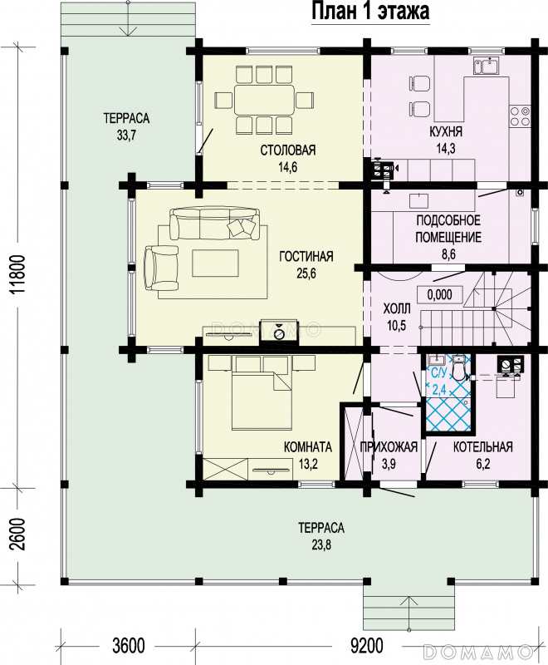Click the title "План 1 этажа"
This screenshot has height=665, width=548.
370,11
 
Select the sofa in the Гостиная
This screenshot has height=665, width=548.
214,223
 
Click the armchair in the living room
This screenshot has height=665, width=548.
161,268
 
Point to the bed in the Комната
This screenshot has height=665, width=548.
262,392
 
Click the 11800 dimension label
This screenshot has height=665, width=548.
18,274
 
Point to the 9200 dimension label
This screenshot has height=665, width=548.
367,646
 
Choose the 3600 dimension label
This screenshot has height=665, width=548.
129,646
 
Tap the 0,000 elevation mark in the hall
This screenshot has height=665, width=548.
439,294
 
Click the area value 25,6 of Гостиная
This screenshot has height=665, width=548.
306,273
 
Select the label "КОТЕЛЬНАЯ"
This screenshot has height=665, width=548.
482,446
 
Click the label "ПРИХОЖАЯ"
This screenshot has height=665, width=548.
389,446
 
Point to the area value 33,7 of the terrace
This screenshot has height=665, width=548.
126,135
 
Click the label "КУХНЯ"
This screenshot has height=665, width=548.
446,131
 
